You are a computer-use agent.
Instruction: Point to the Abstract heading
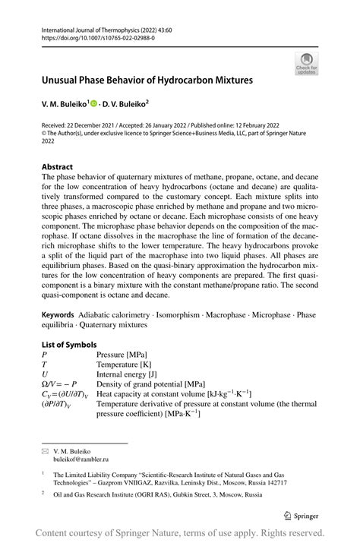pyautogui.click(x=57, y=166)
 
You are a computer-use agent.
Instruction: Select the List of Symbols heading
pyautogui.click(x=71, y=344)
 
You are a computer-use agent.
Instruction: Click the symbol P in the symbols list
pyautogui.click(x=45, y=355)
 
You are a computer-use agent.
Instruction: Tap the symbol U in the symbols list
pyautogui.click(x=45, y=374)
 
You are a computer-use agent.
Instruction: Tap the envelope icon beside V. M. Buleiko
pyautogui.click(x=44, y=451)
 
